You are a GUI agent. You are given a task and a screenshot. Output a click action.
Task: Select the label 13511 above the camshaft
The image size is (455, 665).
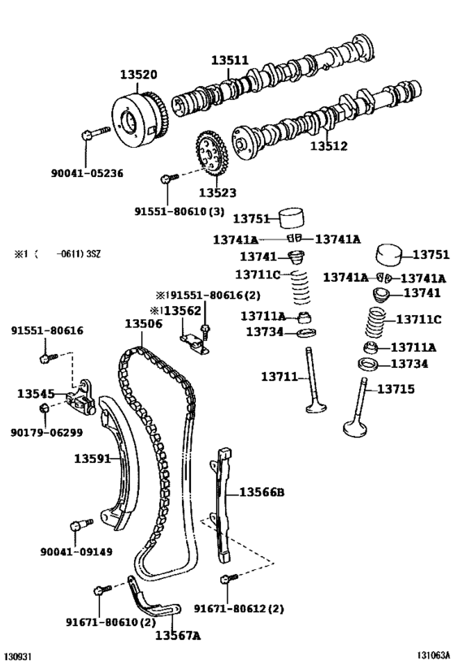[x=231, y=60]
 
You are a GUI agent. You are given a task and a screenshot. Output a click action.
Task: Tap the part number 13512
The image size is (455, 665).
[x=328, y=147]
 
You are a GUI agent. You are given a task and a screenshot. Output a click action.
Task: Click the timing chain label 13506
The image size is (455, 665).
[x=144, y=322]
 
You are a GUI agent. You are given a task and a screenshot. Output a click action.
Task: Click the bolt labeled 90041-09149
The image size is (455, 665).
[x=80, y=525]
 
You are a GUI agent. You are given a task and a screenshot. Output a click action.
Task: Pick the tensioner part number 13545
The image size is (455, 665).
[x=36, y=394]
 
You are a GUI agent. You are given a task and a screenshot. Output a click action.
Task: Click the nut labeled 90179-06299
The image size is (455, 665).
[x=46, y=407]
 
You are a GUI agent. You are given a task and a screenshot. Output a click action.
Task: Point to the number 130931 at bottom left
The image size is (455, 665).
[x=19, y=654]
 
